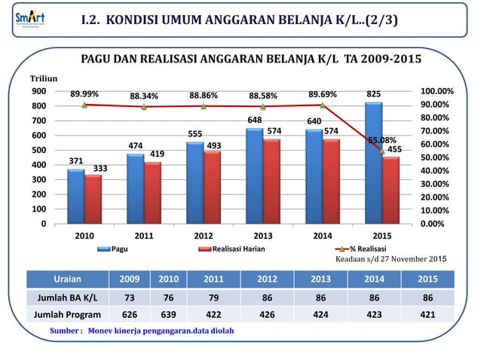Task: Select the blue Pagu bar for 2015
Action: tap(372, 163)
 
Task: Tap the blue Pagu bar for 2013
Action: tap(254, 175)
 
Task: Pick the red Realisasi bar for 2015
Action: tap(391, 190)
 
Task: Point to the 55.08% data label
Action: tap(382, 140)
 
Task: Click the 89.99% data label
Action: tap(84, 95)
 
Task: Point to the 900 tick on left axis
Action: tap(37, 91)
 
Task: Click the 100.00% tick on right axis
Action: tap(437, 91)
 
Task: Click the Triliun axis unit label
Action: tap(41, 78)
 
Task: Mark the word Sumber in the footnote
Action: tap(63, 331)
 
